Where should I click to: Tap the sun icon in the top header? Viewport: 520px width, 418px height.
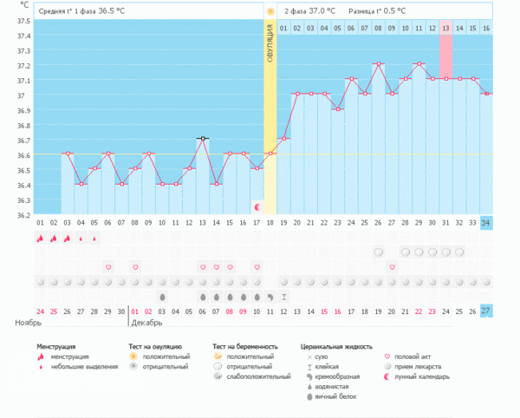tap(270, 10)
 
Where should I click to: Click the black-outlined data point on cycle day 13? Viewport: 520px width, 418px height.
tap(203, 139)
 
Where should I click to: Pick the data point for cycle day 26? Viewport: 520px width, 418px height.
tap(378, 64)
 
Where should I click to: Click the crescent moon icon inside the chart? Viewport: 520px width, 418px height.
tap(257, 206)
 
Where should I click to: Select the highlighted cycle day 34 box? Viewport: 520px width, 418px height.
tap(485, 223)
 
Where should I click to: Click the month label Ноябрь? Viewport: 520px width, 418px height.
tap(28, 323)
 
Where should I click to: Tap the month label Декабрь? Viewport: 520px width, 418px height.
tap(146, 323)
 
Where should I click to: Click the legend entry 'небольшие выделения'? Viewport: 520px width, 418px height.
tap(84, 366)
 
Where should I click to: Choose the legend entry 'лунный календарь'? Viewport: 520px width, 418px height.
tap(426, 376)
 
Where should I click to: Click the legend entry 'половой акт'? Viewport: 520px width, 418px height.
tap(418, 356)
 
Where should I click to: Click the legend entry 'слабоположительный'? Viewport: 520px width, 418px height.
tap(247, 376)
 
